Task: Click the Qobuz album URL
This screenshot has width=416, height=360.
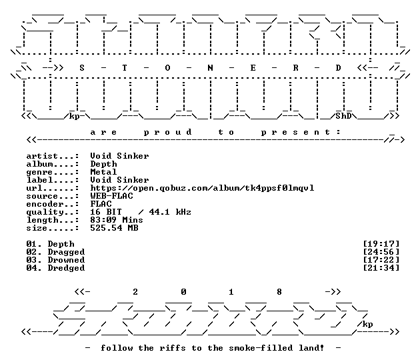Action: [x=202, y=188]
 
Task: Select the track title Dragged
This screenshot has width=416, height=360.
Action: [x=66, y=252]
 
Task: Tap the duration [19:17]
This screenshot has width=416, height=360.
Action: [x=381, y=244]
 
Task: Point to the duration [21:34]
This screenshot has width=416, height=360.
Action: [x=381, y=268]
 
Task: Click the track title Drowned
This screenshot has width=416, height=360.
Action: [x=66, y=260]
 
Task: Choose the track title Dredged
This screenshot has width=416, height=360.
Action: [x=66, y=268]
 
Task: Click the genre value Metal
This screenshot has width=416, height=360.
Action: [x=103, y=172]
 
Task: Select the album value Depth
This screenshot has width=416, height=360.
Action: [x=103, y=164]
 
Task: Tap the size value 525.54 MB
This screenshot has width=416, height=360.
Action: [x=114, y=228]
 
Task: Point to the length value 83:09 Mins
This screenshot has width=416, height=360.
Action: [x=117, y=220]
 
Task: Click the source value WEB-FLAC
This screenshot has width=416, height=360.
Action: [x=111, y=196]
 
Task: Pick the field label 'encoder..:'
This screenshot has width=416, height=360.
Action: [x=53, y=204]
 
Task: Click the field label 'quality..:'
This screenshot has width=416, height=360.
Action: [x=53, y=212]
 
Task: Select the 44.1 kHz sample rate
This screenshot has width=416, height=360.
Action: [x=170, y=212]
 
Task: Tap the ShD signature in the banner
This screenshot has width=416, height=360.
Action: [x=343, y=116]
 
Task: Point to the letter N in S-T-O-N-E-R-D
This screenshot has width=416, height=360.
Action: [x=210, y=68]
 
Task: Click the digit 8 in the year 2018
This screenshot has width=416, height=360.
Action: [x=279, y=292]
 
